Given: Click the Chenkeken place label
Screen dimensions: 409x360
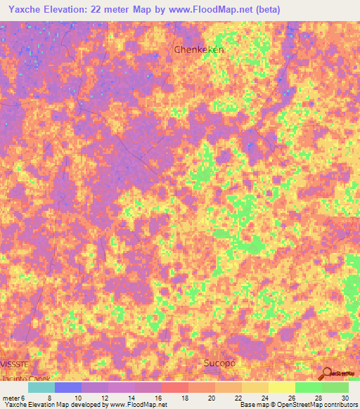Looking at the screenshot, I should pos(198,50).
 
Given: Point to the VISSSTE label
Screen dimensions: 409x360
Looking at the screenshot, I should pos(15,365).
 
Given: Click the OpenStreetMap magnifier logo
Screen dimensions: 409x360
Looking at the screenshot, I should pos(326,373).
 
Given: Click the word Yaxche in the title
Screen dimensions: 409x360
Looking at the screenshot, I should pos(25,8).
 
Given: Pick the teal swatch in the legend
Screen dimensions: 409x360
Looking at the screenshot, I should pos(41,387).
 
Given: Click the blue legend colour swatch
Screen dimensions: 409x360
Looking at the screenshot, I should pos(68,387).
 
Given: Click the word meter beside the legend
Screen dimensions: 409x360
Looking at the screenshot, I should pos(11,397).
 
